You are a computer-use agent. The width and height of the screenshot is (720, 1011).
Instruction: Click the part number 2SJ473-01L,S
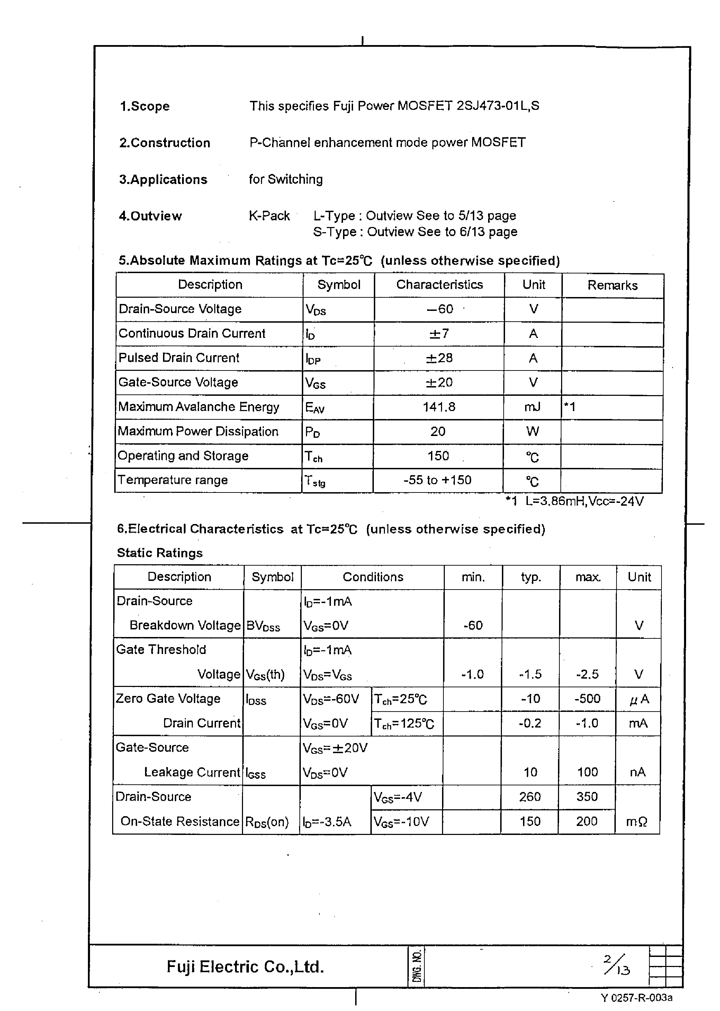tap(497, 106)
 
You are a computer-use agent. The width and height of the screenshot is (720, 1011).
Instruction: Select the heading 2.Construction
tap(164, 143)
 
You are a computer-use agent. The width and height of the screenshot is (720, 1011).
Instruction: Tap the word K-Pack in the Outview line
tap(269, 216)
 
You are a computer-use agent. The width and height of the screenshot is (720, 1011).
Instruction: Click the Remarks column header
tap(612, 285)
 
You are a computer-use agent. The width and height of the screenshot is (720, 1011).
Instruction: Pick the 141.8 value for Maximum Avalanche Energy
tap(439, 407)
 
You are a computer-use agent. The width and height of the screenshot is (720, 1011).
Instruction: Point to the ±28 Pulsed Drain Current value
tap(439, 358)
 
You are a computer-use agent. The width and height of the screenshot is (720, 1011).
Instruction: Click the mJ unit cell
tap(532, 407)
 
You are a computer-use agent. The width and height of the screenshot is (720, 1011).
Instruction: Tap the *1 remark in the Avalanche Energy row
tap(570, 407)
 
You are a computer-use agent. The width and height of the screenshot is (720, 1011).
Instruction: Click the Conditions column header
tap(373, 577)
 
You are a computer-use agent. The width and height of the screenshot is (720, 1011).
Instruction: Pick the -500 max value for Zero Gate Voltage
tap(587, 699)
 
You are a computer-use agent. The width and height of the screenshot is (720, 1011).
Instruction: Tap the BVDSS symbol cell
tap(263, 626)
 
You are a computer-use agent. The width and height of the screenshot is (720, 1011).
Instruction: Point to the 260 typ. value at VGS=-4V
tap(530, 797)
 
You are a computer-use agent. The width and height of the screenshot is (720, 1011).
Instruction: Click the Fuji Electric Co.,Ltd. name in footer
tap(245, 967)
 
